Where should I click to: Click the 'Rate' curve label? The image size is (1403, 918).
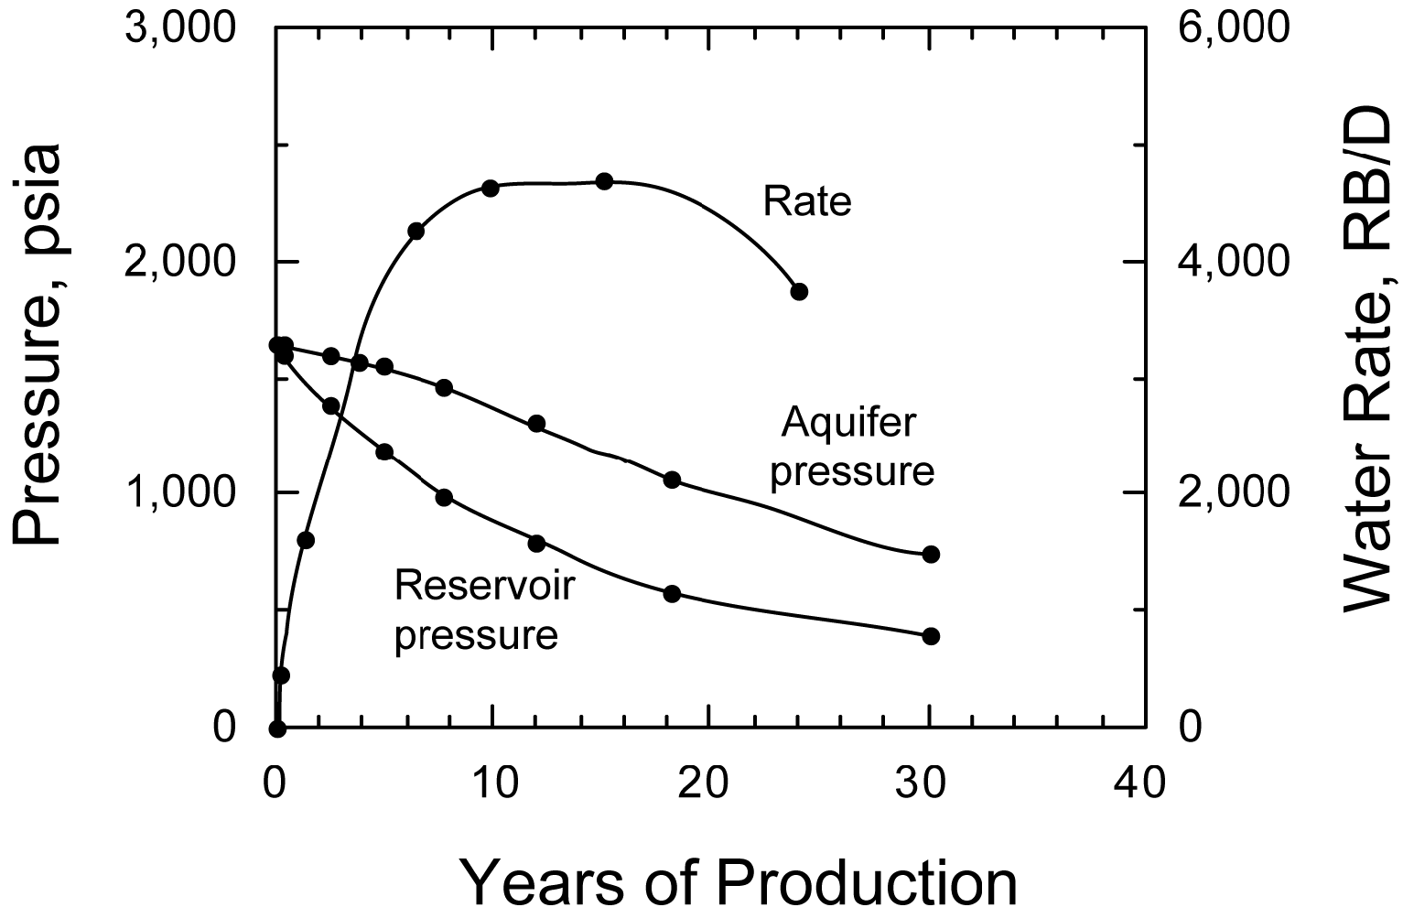click(807, 202)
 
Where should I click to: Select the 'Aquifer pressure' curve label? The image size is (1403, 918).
click(852, 448)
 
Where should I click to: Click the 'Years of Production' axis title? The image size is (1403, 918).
click(737, 881)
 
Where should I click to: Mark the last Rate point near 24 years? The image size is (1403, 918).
click(799, 292)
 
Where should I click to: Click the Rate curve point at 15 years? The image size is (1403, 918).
click(604, 181)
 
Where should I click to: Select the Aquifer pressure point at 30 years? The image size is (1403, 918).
click(932, 554)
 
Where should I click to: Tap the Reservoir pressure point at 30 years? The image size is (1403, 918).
click(932, 636)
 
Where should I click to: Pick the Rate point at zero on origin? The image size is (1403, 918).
click(277, 729)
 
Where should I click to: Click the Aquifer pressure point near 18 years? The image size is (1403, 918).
click(672, 480)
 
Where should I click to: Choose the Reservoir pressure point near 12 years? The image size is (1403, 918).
click(537, 543)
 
